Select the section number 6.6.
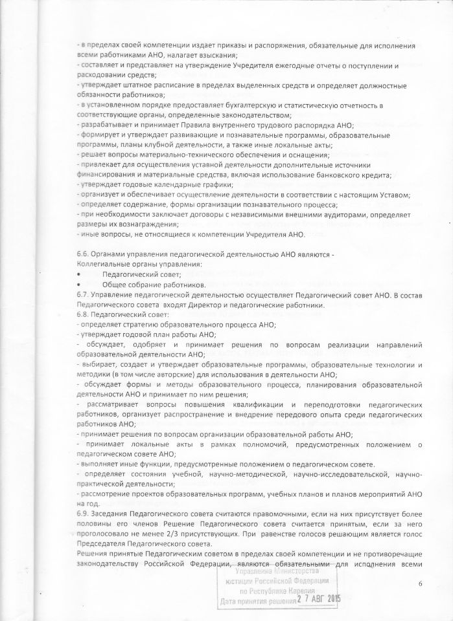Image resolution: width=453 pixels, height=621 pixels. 84,255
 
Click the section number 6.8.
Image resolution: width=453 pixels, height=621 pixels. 84,314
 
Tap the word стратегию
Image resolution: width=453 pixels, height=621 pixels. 145,324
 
